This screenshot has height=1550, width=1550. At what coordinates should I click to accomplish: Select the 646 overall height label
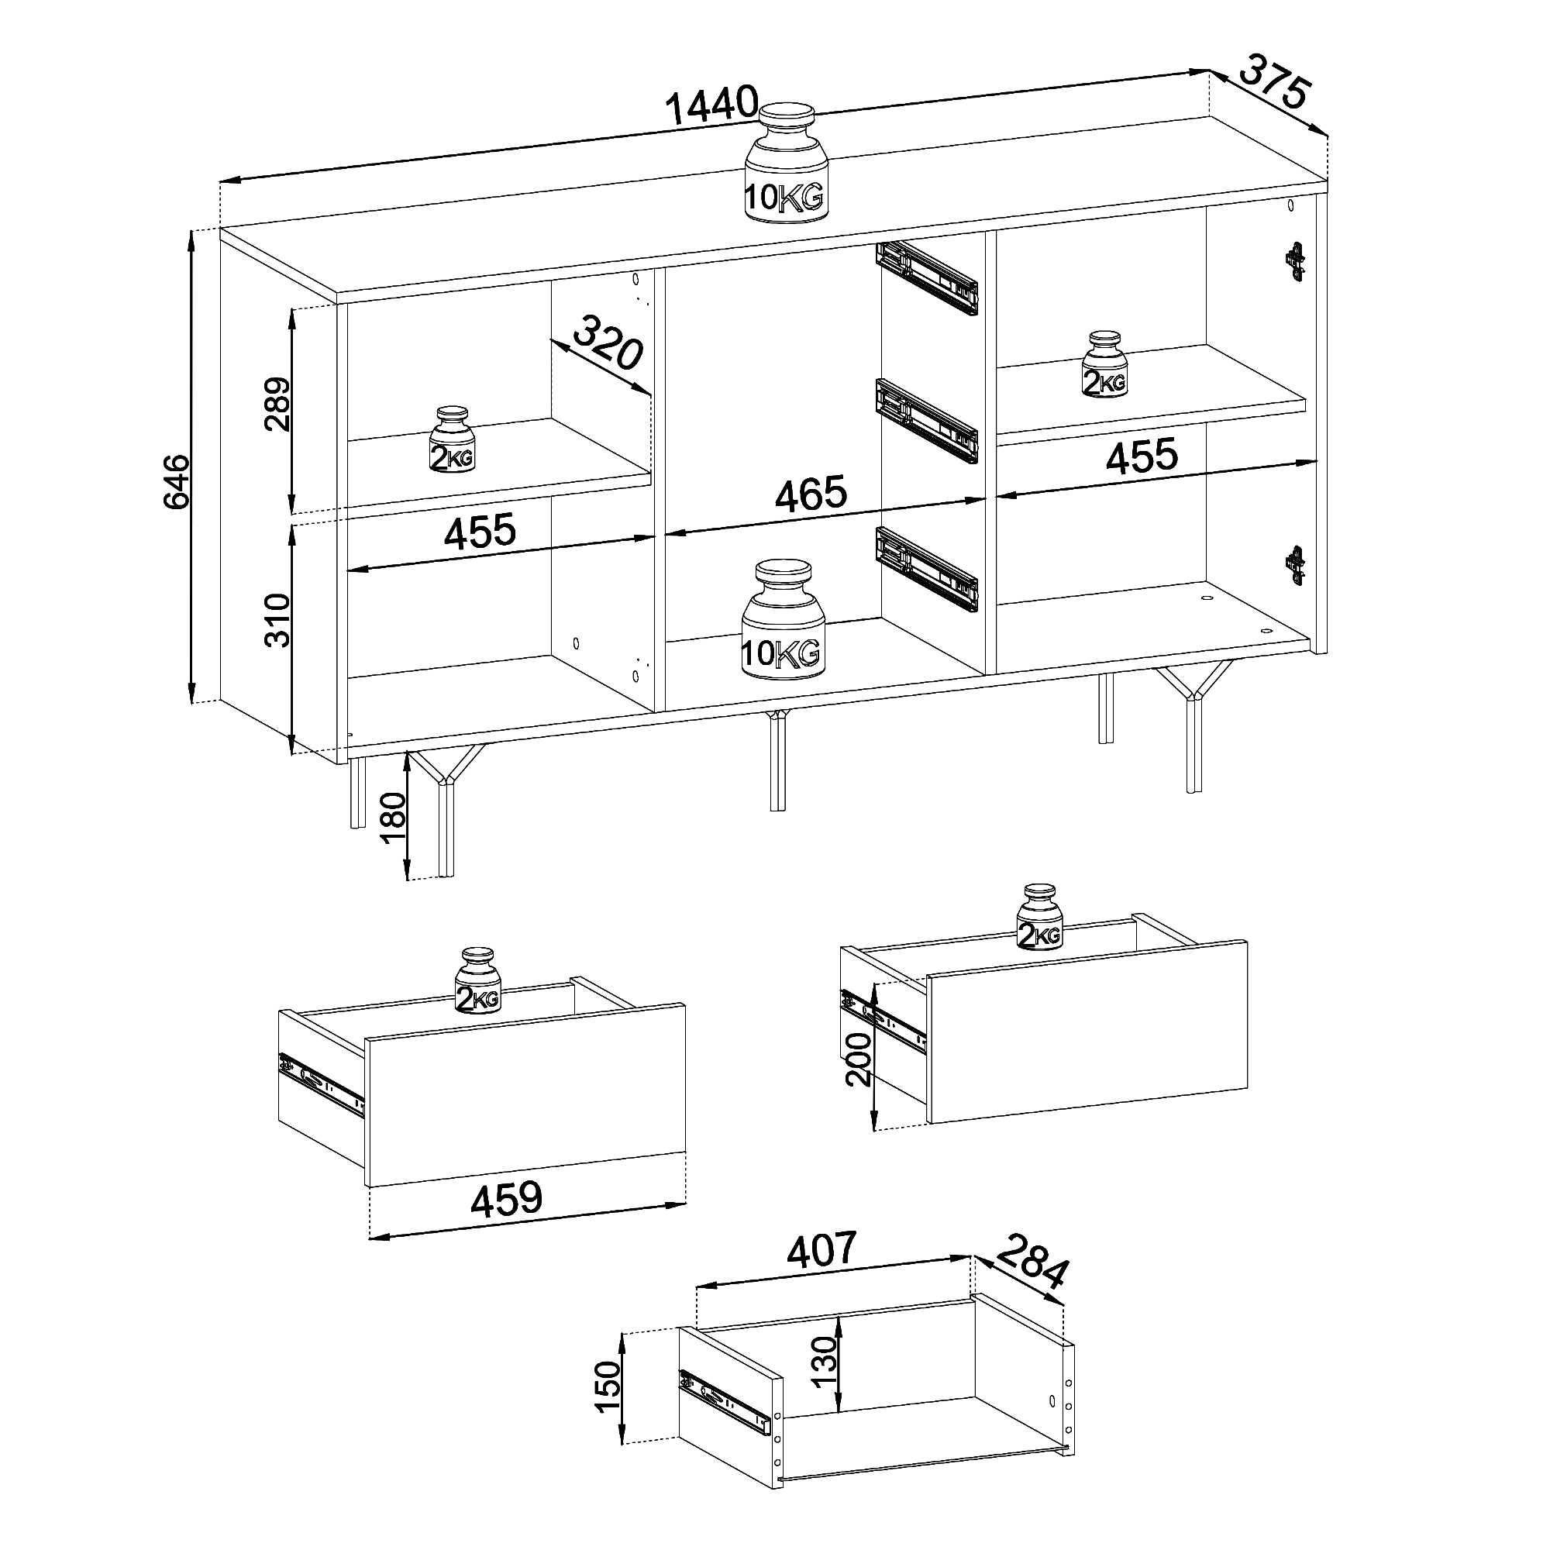coord(176,480)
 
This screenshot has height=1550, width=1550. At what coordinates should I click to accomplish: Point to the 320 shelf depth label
coord(609,343)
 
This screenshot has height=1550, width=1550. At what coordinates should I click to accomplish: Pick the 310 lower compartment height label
coord(277,620)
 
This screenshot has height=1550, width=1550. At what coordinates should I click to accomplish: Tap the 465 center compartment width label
coord(811,493)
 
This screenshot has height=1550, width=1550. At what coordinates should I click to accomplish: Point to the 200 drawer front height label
coord(858,1058)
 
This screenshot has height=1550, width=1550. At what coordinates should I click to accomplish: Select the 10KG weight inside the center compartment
coord(782,618)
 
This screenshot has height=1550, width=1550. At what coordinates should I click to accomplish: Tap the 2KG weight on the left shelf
coord(453,439)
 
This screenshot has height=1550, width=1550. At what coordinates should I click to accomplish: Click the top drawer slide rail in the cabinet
coord(928,277)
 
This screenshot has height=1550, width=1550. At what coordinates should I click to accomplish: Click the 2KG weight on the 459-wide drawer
coord(478,980)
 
